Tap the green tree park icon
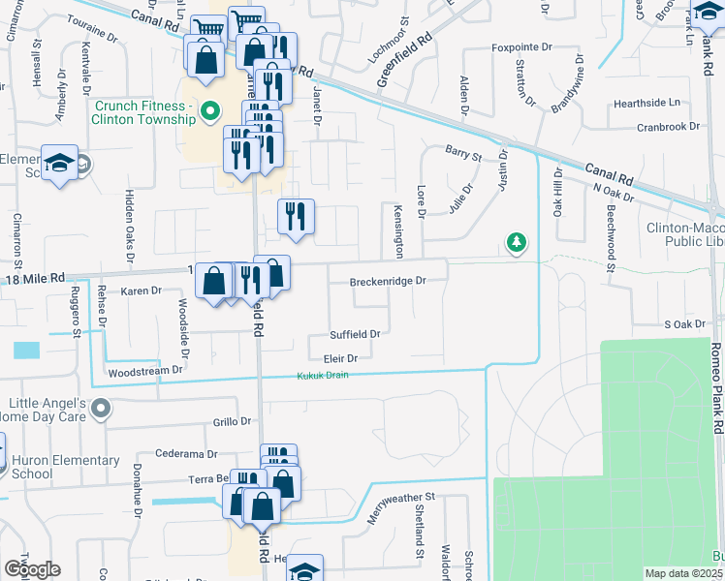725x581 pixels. point(518,242)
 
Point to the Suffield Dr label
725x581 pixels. point(355,333)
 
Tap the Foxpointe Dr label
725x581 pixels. point(520,46)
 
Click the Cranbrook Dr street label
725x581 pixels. point(668,127)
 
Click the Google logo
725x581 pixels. point(31,568)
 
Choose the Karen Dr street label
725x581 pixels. point(141,290)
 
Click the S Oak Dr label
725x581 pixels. point(682,324)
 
